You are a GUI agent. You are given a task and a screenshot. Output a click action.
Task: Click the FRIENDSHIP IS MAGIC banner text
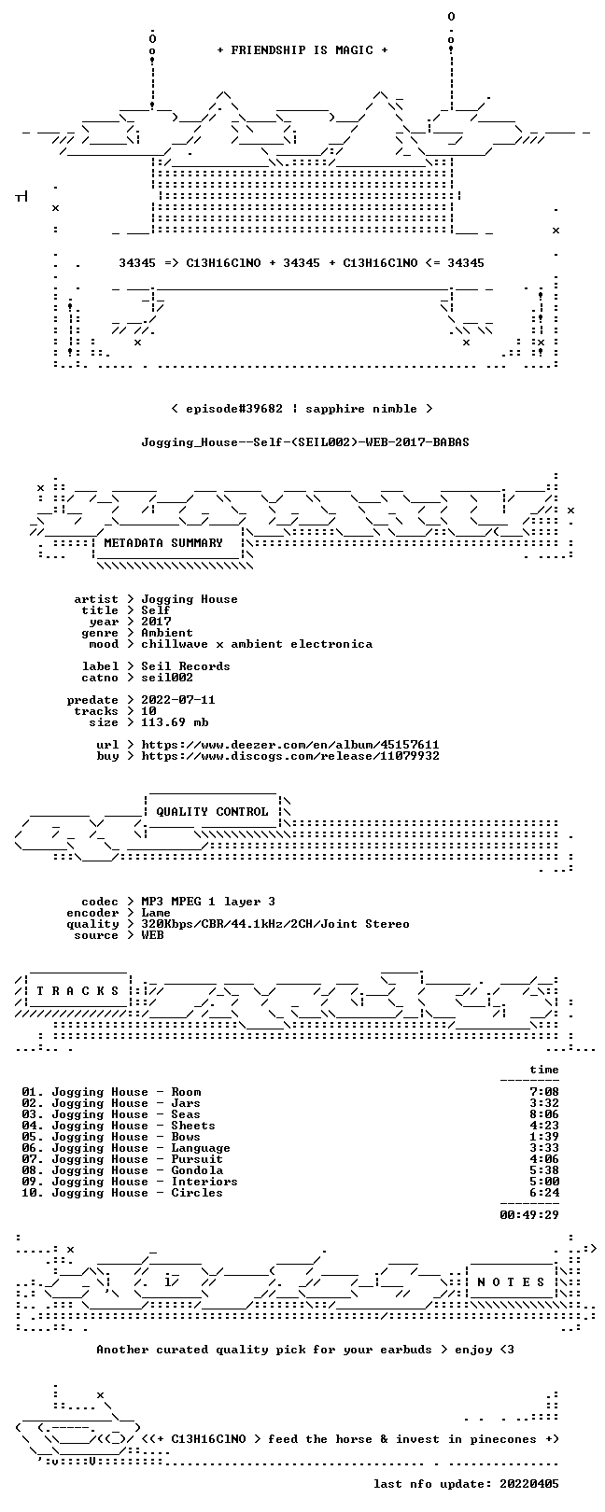click(x=302, y=50)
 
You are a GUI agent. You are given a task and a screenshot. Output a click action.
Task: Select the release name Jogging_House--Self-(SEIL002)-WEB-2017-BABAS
click(x=305, y=442)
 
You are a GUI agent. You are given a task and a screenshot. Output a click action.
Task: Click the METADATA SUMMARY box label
click(x=163, y=542)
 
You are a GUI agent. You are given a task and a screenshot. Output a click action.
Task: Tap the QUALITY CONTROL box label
click(x=212, y=811)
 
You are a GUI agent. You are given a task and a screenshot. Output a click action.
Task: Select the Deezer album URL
click(x=290, y=745)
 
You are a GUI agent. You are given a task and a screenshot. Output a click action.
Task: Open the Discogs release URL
click(x=290, y=756)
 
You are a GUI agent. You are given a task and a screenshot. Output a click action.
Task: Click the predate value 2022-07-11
click(x=178, y=700)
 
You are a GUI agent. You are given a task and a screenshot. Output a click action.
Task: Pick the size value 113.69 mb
click(x=175, y=722)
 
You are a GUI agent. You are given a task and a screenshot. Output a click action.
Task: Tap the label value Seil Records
click(x=186, y=666)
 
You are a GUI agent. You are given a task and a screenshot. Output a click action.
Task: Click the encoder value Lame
click(x=156, y=913)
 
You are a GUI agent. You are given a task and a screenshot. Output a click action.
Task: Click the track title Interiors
click(x=204, y=1182)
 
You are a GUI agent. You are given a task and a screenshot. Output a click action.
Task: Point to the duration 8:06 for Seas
click(x=544, y=1114)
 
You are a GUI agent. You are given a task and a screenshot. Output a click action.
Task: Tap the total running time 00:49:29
click(x=529, y=1215)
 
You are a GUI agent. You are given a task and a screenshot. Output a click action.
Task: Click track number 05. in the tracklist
click(x=33, y=1137)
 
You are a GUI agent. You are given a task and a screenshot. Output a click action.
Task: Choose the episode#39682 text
click(x=234, y=409)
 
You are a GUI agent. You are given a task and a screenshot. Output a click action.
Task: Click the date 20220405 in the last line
click(x=529, y=1484)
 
